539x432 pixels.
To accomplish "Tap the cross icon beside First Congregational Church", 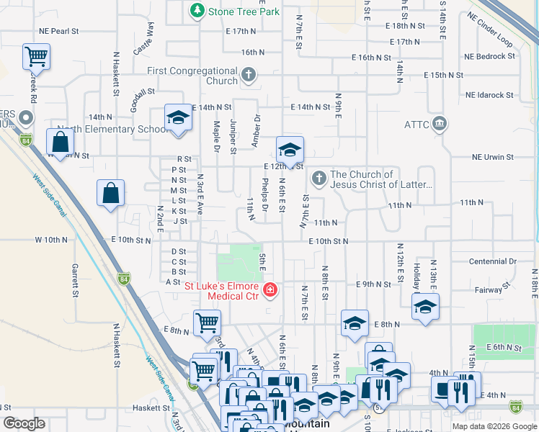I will pyautogui.click(x=248, y=75).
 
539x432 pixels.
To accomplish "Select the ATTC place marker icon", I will pyautogui.click(x=440, y=125).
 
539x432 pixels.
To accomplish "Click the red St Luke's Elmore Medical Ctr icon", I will pyautogui.click(x=270, y=290).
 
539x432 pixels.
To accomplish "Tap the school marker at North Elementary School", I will pyautogui.click(x=177, y=118).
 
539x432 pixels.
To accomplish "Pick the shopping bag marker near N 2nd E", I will pyautogui.click(x=110, y=193).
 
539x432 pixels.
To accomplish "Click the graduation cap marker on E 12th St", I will pyautogui.click(x=289, y=150).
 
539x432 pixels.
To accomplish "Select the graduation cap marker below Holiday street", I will pyautogui.click(x=425, y=307).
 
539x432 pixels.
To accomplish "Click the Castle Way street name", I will pyautogui.click(x=143, y=39).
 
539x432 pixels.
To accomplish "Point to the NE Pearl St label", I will pyautogui.click(x=60, y=32).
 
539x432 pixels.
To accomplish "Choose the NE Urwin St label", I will pyautogui.click(x=492, y=156).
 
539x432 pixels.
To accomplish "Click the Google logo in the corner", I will pyautogui.click(x=23, y=423).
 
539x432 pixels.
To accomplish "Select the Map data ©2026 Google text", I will pyautogui.click(x=494, y=426).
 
